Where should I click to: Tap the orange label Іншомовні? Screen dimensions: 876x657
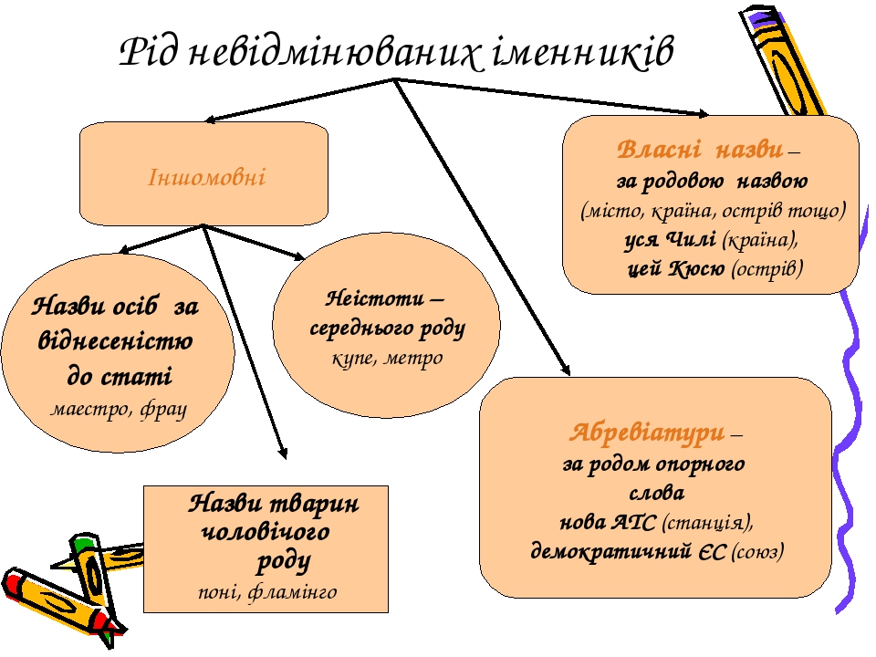206,177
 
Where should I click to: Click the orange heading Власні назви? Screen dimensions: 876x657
700,150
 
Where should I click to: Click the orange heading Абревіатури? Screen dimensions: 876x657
647,433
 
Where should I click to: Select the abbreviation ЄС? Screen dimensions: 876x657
712,552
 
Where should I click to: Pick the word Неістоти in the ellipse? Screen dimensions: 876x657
375,298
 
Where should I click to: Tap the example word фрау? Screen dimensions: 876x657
163,410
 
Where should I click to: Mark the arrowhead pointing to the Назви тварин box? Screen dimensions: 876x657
284,454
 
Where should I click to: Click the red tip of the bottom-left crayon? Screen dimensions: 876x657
12,585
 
